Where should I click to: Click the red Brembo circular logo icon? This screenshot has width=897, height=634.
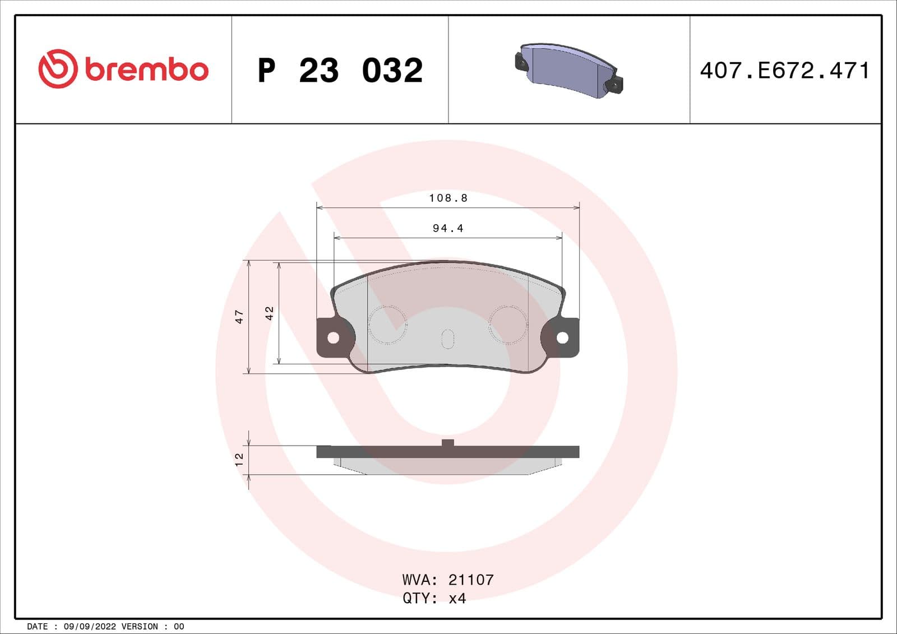[x=57, y=68]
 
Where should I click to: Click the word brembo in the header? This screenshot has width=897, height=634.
[x=147, y=70]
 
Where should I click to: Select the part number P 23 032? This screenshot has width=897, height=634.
[x=340, y=71]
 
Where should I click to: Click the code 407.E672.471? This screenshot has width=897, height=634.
[x=785, y=71]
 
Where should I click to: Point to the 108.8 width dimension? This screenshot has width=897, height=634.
[x=448, y=198]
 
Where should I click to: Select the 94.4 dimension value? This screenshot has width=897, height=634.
[x=448, y=228]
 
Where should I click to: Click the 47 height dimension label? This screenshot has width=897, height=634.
[x=239, y=317]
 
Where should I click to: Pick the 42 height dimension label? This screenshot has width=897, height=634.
[x=269, y=313]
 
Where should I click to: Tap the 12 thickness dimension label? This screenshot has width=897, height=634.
[x=239, y=460]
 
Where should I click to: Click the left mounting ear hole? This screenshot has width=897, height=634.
[x=333, y=337]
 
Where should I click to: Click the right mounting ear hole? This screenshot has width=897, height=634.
[x=562, y=337]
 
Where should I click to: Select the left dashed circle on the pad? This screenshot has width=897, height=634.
[x=387, y=325]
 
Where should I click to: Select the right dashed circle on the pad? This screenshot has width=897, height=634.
[x=508, y=325]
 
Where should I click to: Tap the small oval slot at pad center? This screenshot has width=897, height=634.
[x=447, y=339]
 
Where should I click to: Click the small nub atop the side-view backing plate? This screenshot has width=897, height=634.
[x=447, y=443]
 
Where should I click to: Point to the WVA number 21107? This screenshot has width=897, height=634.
[x=471, y=580]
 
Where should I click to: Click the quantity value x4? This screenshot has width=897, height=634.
[x=457, y=599]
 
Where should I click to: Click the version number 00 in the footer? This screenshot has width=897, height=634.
[x=179, y=627]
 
